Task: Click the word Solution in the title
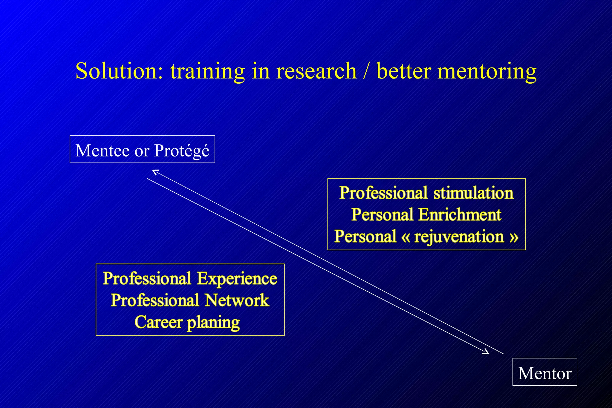119,71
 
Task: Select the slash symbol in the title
366,71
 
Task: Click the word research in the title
316,71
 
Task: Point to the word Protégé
182,150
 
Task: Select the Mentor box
544,372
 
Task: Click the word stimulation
473,193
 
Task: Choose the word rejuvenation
459,237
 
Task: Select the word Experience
237,279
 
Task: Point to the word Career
158,322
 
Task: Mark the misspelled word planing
213,323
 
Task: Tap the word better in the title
403,71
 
